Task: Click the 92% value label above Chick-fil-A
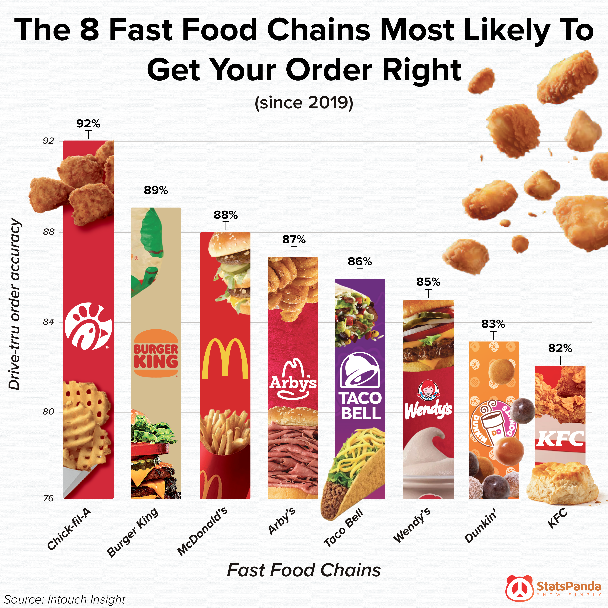click(x=88, y=124)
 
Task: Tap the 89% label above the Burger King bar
click(x=156, y=190)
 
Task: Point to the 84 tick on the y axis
click(x=49, y=322)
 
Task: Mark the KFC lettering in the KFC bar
click(x=560, y=438)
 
